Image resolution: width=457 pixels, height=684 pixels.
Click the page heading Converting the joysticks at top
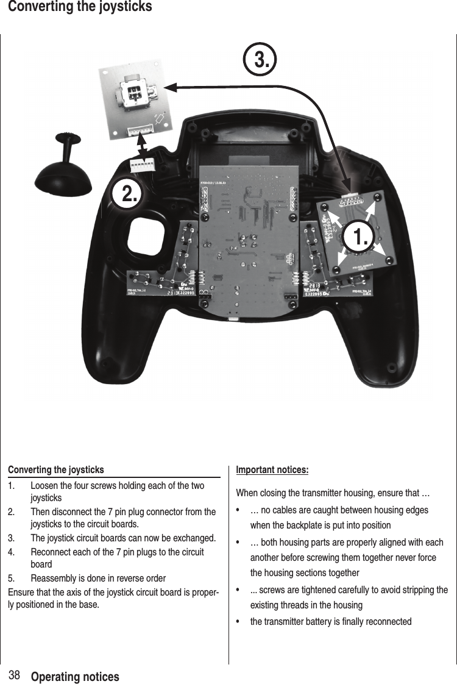76,7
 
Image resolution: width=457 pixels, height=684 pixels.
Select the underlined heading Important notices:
272,470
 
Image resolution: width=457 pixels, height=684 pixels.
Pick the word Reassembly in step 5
52,578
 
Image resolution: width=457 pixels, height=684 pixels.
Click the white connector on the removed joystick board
141,130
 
